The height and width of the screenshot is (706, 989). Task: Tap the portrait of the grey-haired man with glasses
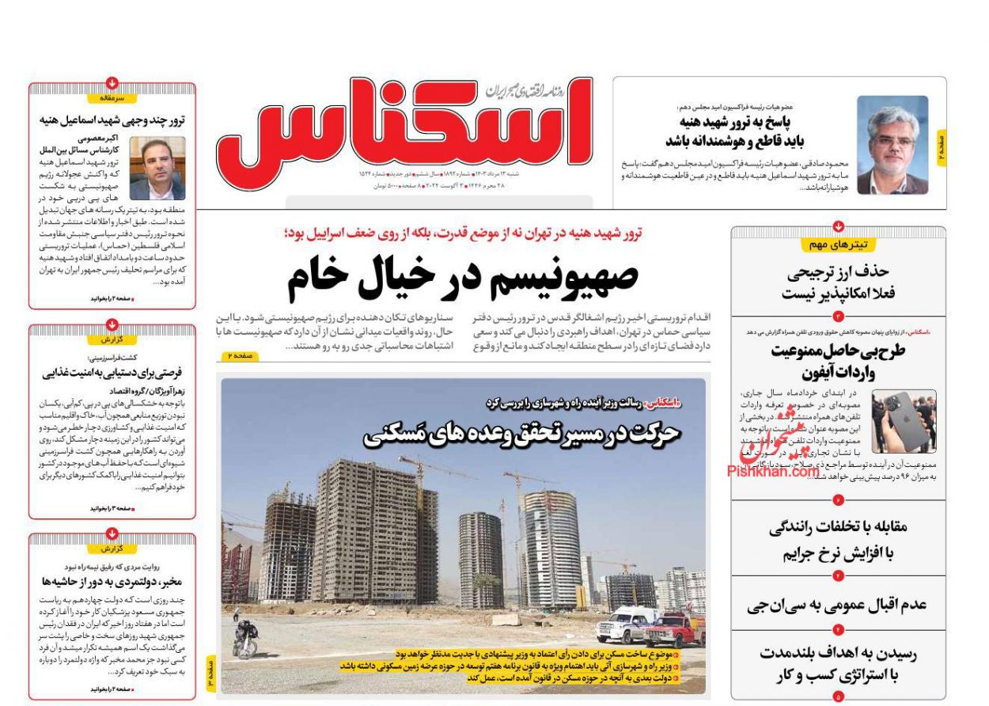[x=892, y=145]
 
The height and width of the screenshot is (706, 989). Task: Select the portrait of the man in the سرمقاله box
[x=157, y=168]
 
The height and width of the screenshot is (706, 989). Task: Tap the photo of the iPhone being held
[x=903, y=420]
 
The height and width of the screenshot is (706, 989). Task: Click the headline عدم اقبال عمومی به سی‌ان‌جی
[x=837, y=605]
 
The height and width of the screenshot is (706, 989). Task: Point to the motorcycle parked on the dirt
[x=246, y=640]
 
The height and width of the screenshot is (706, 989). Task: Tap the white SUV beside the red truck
[x=625, y=624]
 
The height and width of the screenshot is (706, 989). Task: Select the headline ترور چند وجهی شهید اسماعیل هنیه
[x=112, y=121]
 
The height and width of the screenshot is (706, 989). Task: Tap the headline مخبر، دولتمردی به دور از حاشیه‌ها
[x=112, y=583]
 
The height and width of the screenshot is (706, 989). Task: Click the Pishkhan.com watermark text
[x=772, y=472]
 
